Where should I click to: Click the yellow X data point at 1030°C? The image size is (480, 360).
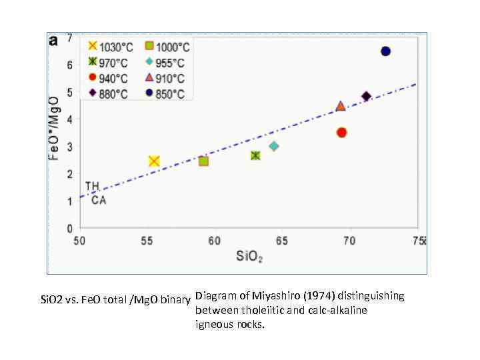[x=154, y=161]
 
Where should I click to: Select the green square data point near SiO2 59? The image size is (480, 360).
[x=203, y=161]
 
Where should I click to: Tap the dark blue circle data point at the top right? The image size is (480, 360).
[x=385, y=51]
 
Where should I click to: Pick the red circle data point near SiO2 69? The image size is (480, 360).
[x=341, y=133]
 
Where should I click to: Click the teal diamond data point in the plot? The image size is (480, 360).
[x=273, y=146]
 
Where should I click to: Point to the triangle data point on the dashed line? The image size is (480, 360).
[x=341, y=106]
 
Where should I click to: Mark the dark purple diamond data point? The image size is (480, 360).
[x=366, y=97]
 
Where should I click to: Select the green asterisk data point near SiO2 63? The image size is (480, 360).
[x=255, y=155]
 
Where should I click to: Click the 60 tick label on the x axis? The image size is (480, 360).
[x=214, y=241]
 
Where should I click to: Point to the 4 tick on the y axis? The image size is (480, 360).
[x=70, y=119]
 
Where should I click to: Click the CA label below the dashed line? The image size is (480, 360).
[x=99, y=199]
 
